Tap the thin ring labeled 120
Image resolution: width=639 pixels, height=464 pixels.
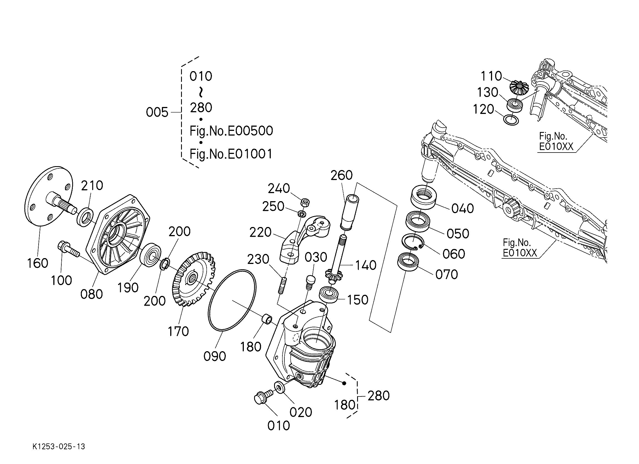pyautogui.click(x=511, y=119)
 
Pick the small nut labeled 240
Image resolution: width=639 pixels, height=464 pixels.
pyautogui.click(x=305, y=202)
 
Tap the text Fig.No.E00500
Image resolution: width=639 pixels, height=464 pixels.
pyautogui.click(x=231, y=131)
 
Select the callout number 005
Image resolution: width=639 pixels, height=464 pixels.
pyautogui.click(x=157, y=112)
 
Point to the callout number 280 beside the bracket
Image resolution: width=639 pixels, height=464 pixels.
pyautogui.click(x=379, y=396)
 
